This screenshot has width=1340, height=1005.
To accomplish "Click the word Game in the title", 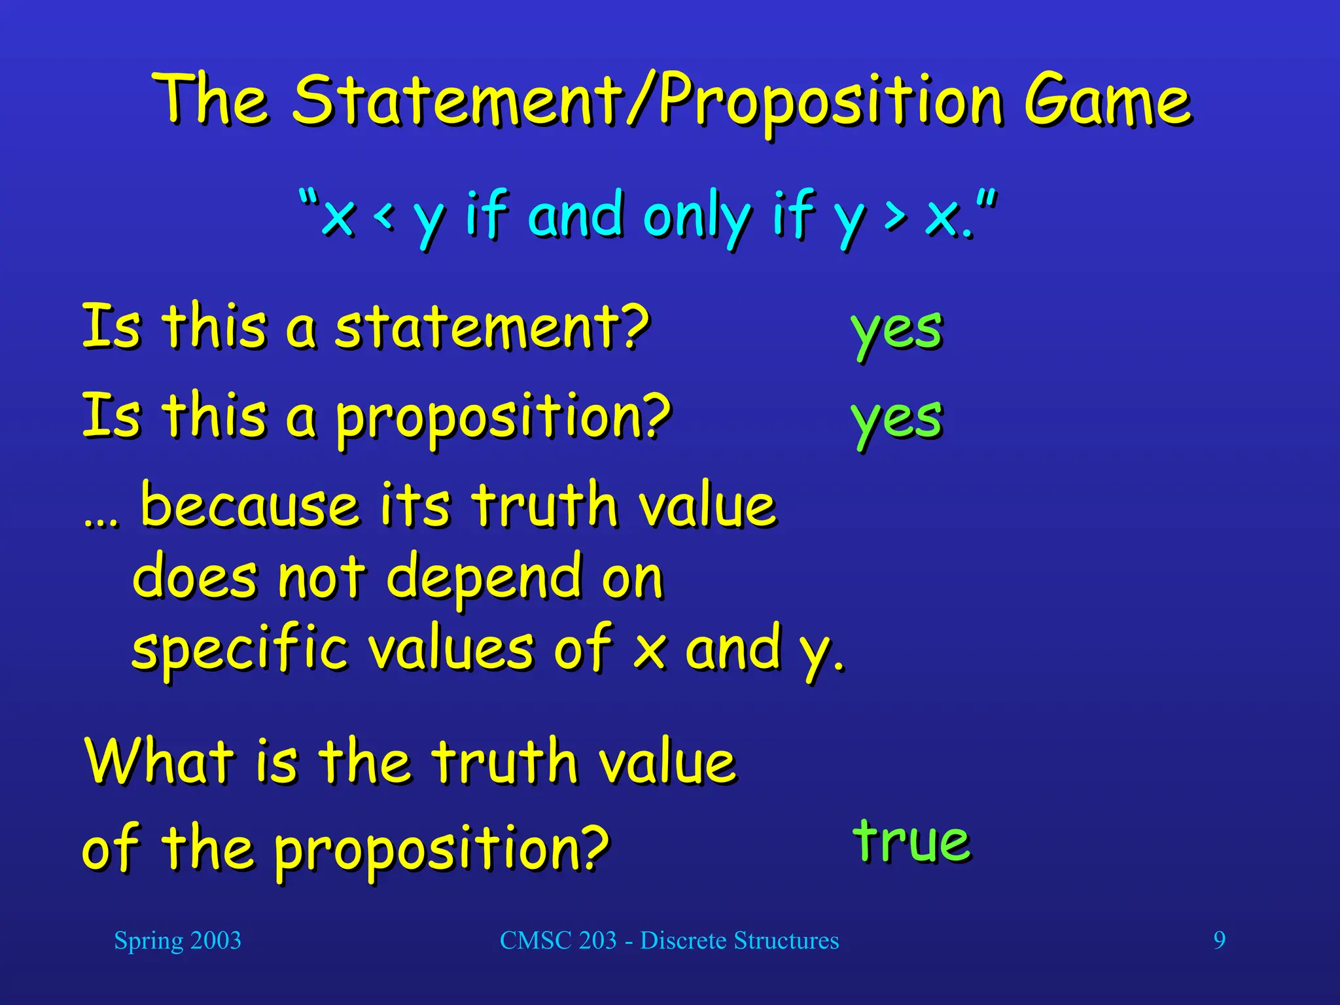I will click(1107, 101).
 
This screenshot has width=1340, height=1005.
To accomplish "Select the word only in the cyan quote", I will click(696, 217).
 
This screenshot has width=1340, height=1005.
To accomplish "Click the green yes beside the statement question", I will click(897, 330).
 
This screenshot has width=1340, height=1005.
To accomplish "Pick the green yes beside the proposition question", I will click(897, 419).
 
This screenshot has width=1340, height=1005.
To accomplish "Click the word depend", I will click(484, 578).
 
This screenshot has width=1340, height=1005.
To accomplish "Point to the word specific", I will click(239, 649).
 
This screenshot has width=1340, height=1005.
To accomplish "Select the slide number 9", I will click(1219, 940).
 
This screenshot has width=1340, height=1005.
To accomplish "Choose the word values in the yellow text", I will click(451, 649).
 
